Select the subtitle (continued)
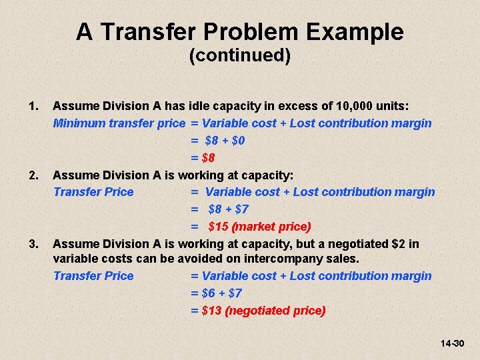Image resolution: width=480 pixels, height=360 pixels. point(240,55)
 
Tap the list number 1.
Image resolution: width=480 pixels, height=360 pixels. point(33,106)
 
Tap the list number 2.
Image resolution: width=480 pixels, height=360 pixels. point(33,175)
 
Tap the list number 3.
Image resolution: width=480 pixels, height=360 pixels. point(33,244)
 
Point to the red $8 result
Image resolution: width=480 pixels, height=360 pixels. point(208,158)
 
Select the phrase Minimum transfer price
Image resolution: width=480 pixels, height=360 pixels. point(119,123)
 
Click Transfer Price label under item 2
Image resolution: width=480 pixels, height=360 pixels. point(93,192)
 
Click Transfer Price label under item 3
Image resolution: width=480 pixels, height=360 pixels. point(93,276)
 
